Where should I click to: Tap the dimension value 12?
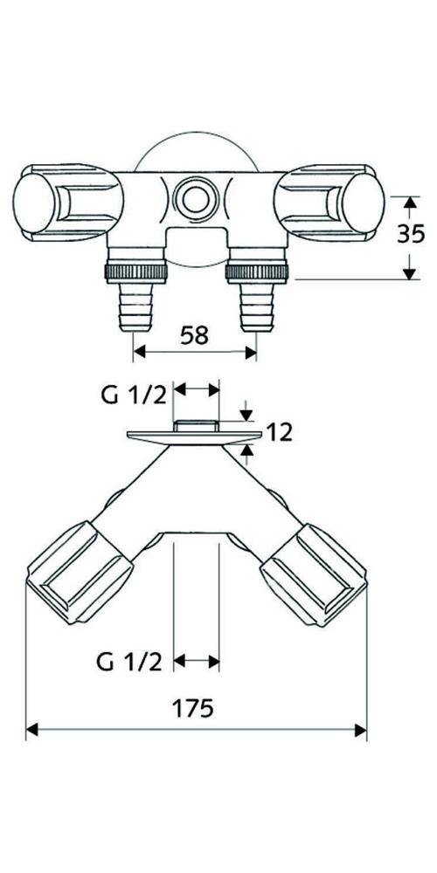point(280,430)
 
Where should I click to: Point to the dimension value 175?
point(196,708)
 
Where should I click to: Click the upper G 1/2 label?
point(132,395)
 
